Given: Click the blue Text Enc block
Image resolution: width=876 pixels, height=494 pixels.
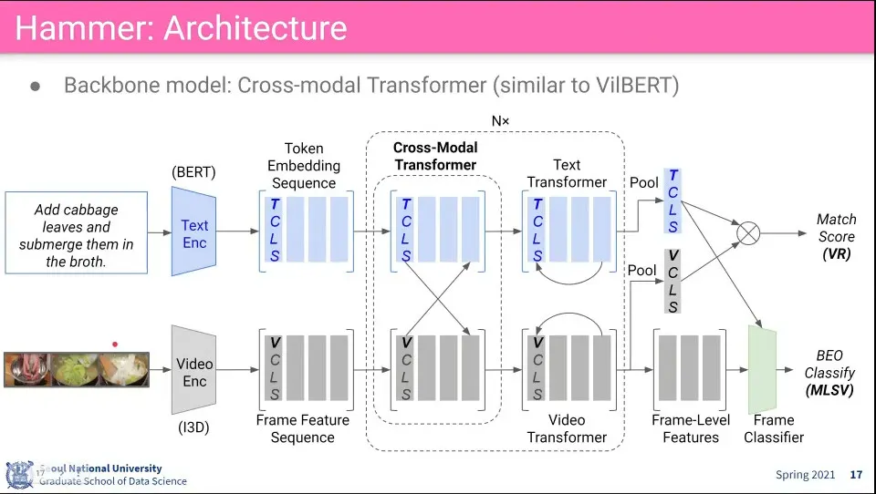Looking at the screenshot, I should (194, 233).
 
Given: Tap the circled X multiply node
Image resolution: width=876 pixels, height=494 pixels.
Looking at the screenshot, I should (747, 232).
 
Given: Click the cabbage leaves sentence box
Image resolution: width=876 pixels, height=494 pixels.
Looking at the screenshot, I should (77, 234).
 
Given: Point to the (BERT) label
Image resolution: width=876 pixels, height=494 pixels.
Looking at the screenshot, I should (193, 171).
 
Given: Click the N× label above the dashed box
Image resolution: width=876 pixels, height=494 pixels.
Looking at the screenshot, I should (501, 121).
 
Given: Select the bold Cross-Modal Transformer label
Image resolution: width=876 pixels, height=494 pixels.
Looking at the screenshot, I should (435, 156).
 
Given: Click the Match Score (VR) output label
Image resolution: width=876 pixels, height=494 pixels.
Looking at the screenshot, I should (836, 236).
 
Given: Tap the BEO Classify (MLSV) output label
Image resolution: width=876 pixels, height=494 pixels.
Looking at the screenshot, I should (829, 373).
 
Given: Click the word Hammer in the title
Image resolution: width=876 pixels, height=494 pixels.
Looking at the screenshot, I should (79, 27).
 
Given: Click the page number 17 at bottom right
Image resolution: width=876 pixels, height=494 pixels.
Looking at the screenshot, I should (855, 475).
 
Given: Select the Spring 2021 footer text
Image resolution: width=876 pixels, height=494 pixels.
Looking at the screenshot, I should (805, 475).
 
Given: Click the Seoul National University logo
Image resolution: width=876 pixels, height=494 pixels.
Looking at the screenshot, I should (20, 474).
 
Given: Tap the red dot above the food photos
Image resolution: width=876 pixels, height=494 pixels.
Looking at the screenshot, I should (115, 345).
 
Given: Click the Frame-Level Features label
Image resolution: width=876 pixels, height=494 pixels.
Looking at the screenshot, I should (691, 428).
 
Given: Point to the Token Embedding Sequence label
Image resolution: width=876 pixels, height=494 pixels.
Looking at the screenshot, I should (304, 165).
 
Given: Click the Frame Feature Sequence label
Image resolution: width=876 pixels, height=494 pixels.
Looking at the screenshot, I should (302, 428).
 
